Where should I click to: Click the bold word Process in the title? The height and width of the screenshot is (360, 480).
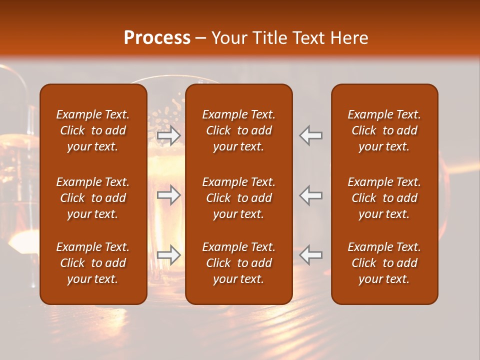coord(157,38)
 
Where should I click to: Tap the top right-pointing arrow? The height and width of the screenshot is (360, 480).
coord(169,135)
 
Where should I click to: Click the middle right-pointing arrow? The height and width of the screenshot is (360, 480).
coord(169,195)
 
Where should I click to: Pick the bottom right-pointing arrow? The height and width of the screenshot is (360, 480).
coord(169,255)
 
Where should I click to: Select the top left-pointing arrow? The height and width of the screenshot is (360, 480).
coord(310,135)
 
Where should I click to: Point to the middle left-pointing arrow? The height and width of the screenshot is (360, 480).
coord(310,195)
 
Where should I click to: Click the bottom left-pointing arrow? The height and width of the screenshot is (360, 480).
coord(310,255)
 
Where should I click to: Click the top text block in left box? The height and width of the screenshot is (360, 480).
coord(93,130)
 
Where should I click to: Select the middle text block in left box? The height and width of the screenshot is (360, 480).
coord(93,198)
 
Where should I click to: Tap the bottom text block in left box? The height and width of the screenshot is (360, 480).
coord(93,263)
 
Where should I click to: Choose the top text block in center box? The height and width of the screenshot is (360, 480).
coord(238,130)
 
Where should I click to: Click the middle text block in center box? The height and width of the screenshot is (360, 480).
coord(238,198)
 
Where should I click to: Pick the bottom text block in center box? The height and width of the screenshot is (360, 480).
coord(238,263)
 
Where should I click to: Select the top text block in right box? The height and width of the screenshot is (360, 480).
coord(384,130)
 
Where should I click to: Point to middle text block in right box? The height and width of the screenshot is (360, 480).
coord(384,198)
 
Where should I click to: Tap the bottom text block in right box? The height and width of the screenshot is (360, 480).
coord(384,263)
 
